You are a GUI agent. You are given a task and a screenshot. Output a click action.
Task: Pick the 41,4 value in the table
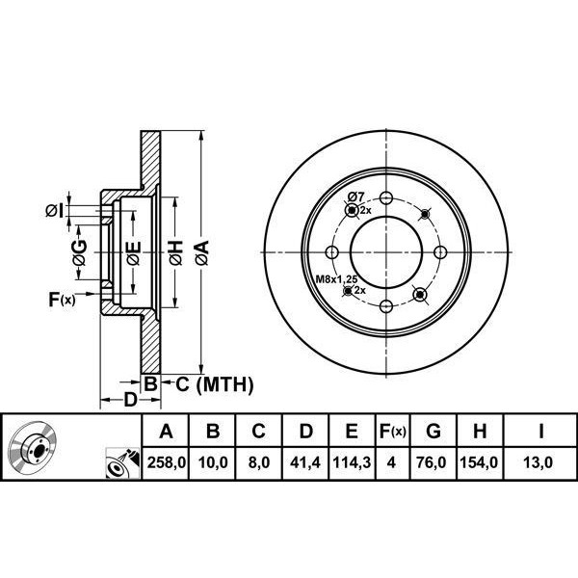305,463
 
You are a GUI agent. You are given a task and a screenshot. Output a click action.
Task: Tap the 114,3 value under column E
352,463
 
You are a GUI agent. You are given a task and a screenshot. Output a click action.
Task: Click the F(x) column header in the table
392,432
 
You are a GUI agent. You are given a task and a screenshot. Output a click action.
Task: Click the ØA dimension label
201,253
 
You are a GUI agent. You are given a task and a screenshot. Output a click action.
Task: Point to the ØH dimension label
175,253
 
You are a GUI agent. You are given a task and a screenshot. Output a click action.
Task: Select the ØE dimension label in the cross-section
135,253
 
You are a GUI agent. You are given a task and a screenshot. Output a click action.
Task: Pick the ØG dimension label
81,253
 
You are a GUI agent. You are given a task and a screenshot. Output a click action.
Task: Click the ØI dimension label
55,209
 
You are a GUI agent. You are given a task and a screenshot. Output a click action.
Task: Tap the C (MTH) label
212,385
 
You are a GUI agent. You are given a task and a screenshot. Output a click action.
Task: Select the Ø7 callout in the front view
355,197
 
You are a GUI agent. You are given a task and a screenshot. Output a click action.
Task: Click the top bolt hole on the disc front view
385,199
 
